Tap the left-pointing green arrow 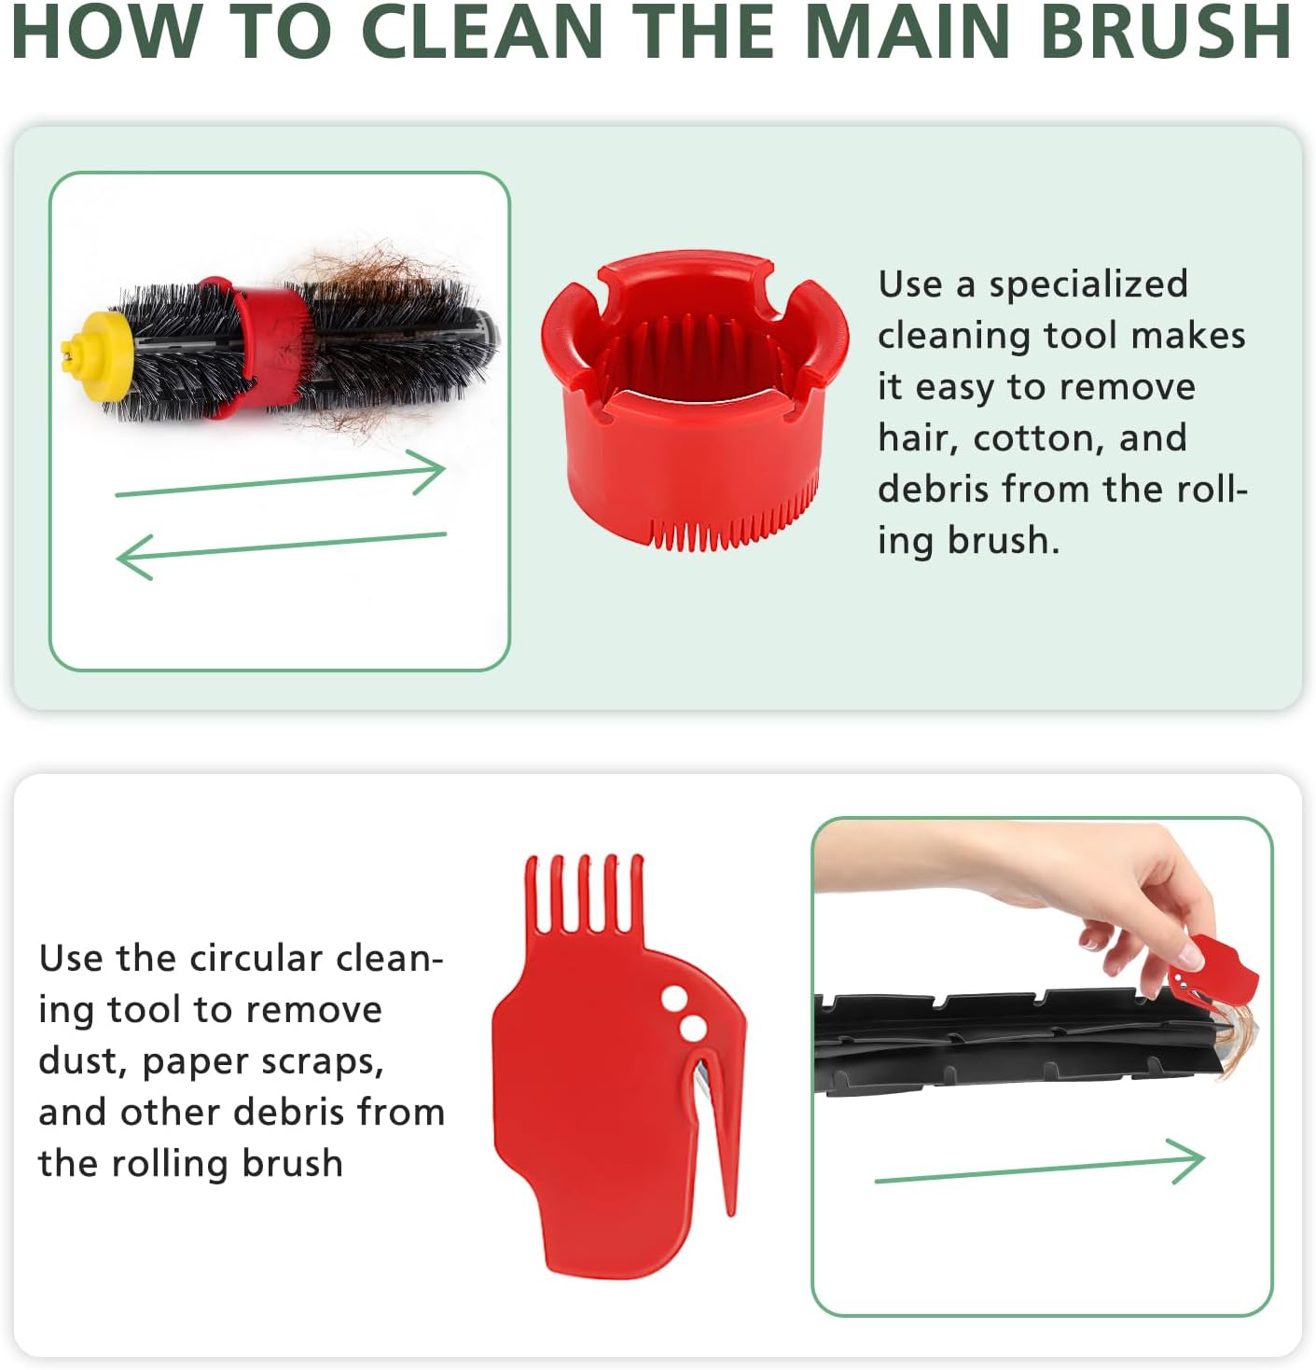(281, 556)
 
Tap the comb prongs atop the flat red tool (585, 894)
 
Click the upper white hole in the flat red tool (674, 998)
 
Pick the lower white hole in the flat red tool (694, 1029)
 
